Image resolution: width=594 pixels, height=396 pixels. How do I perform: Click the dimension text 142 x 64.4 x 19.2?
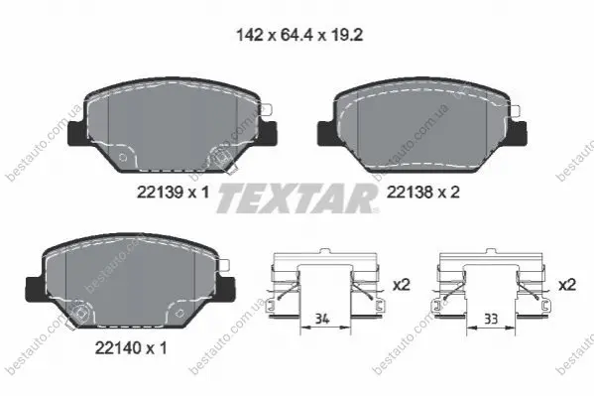coord(299,36)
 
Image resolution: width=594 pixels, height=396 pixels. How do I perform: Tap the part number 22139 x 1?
coord(173,193)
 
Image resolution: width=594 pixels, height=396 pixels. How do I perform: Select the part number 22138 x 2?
coord(422,193)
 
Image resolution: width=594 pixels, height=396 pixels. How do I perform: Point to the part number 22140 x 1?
coord(131,347)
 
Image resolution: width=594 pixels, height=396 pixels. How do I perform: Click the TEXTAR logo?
coord(297,198)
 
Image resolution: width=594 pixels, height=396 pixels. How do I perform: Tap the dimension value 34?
coord(322,319)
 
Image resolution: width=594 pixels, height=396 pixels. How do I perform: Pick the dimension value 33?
coord(491,319)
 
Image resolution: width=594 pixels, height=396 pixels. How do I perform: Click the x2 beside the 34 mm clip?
coord(402,285)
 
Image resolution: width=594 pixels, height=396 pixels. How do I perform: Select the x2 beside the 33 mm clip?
coord(567,285)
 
